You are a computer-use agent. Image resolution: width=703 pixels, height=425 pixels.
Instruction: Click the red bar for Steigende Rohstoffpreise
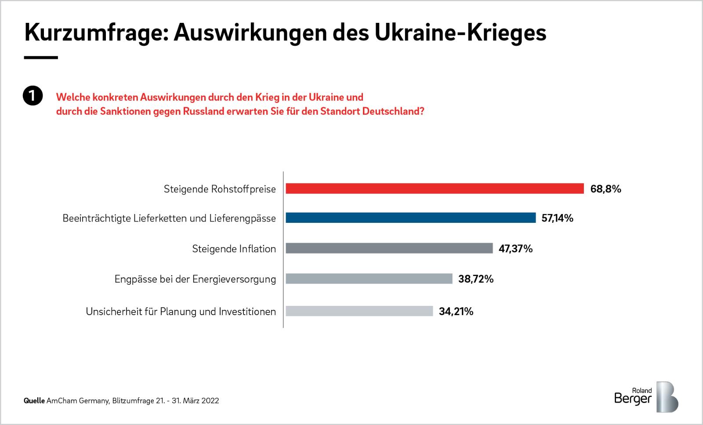[435, 189]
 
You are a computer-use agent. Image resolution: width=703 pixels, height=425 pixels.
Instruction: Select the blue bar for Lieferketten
[410, 218]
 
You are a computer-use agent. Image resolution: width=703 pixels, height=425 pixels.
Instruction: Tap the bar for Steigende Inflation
[389, 248]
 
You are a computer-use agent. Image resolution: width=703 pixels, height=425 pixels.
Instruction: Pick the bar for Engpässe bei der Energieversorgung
[369, 279]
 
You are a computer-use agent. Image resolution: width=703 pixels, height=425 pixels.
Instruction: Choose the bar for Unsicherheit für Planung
[359, 311]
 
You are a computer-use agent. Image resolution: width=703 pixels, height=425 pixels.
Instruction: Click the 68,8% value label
[605, 189]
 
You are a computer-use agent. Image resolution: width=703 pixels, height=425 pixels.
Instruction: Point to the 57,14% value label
[557, 218]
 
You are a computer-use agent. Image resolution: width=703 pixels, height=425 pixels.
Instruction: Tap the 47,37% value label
[515, 249]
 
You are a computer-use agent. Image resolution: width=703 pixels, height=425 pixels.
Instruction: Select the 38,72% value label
[476, 279]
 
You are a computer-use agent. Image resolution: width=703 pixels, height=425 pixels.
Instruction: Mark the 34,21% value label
[456, 312]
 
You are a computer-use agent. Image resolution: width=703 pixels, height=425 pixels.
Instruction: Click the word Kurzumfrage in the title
[94, 33]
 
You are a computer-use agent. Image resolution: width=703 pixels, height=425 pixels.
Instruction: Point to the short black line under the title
[41, 58]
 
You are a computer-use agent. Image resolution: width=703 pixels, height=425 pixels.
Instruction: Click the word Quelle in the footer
[34, 401]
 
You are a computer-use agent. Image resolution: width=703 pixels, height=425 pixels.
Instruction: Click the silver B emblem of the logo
[667, 396]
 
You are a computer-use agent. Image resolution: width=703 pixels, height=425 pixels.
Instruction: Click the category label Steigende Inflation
[234, 249]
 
